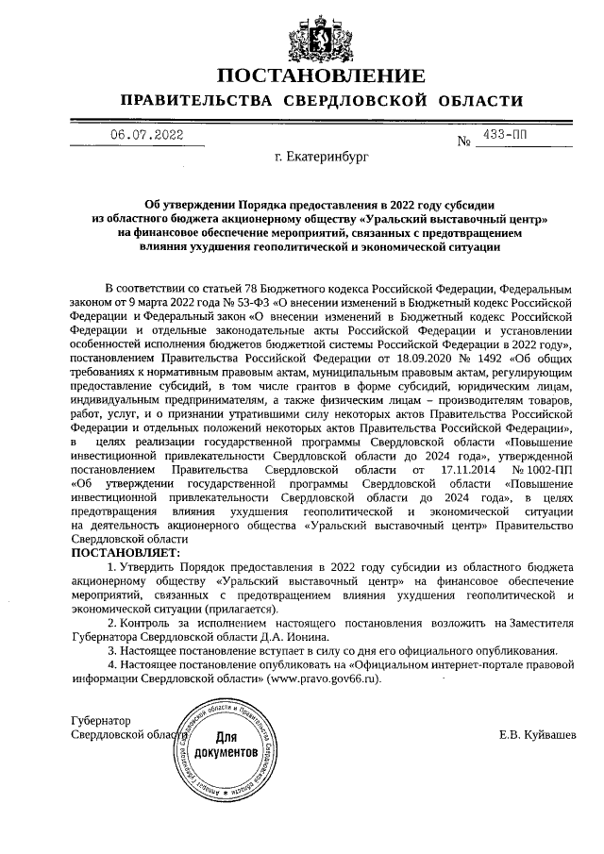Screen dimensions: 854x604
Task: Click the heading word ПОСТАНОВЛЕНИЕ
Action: [x=321, y=75]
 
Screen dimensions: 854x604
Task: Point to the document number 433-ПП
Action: [x=507, y=135]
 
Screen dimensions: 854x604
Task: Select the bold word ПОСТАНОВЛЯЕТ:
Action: [x=129, y=551]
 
